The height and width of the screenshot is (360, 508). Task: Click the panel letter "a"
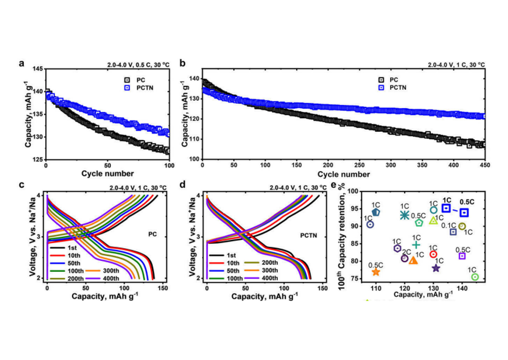click(21, 64)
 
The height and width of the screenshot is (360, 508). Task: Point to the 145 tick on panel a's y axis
click(37, 69)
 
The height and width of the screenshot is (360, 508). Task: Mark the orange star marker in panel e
click(375, 272)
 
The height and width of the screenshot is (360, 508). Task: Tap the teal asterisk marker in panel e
click(404, 215)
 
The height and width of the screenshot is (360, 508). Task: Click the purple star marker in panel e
click(436, 268)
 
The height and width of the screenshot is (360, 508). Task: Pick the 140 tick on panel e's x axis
click(462, 288)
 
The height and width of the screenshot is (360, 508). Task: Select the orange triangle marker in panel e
click(414, 260)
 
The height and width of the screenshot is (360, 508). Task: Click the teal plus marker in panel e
click(416, 245)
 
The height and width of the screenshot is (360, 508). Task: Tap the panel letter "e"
click(333, 185)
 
